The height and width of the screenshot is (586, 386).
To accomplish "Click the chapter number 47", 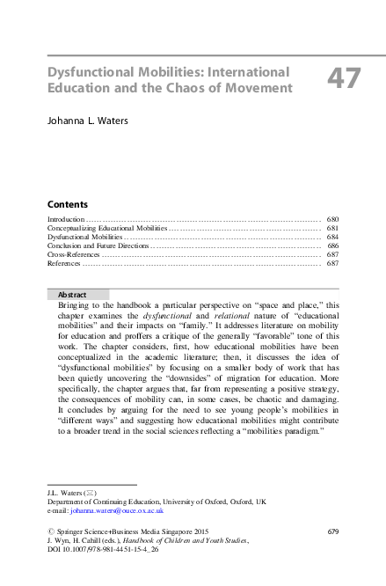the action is pyautogui.click(x=344, y=78).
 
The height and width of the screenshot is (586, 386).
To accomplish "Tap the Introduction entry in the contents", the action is pyautogui.click(x=66, y=218).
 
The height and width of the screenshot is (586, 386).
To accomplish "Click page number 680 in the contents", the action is pyautogui.click(x=332, y=218).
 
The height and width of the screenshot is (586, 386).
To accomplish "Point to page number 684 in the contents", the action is pyautogui.click(x=332, y=237).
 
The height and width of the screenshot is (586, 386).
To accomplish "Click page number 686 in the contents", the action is pyautogui.click(x=332, y=245).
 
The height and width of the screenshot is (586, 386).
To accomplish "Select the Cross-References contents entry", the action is pyautogui.click(x=74, y=254).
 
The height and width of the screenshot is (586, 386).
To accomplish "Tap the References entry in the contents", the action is pyautogui.click(x=64, y=263).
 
